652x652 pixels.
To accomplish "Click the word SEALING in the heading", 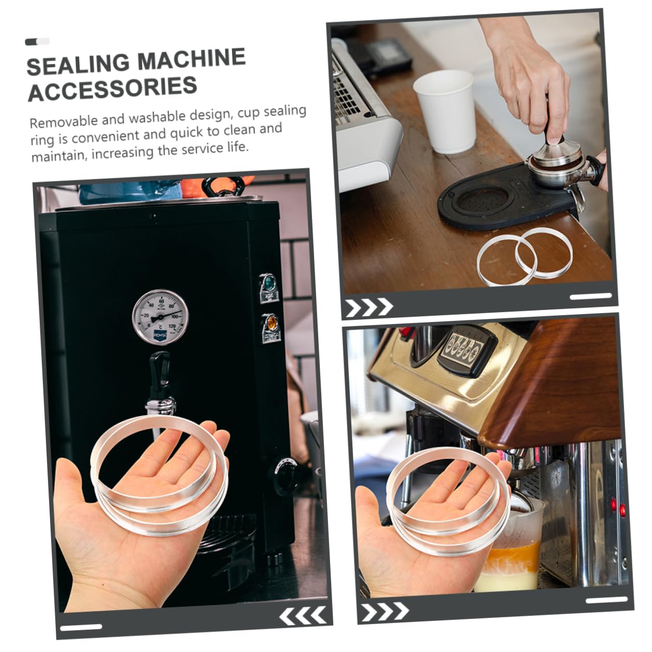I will coord(77,65).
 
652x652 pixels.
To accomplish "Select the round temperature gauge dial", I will coord(160,317).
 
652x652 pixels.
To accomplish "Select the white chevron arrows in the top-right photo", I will coord(368,308).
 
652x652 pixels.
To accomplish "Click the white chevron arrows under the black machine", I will coord(303,616).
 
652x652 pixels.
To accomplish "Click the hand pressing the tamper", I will coord(532,67).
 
